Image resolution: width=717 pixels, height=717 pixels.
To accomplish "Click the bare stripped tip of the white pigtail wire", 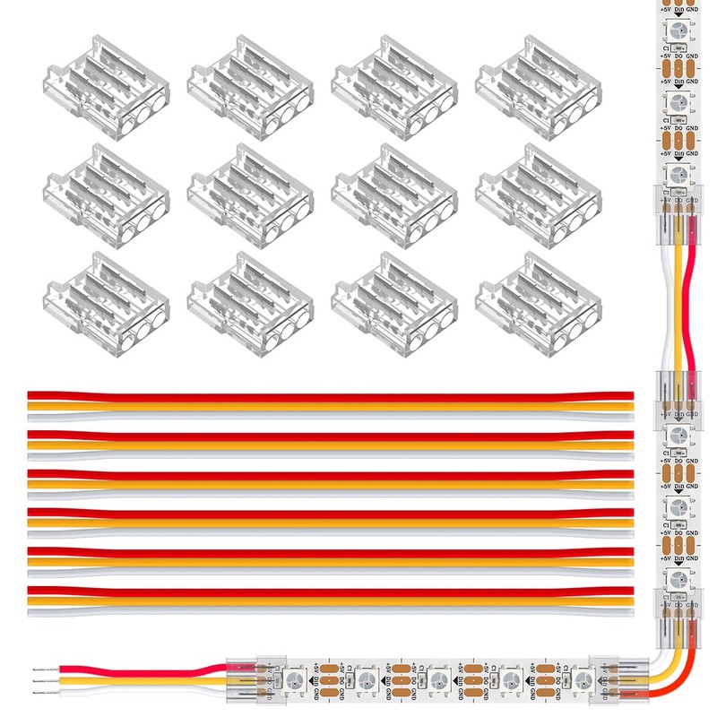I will [40, 691].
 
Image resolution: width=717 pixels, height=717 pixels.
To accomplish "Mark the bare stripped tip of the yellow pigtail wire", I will [40, 679].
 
